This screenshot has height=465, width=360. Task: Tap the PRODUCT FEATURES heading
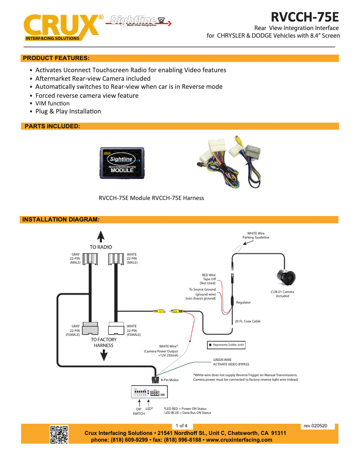click(56, 58)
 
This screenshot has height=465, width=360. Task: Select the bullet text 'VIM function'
click(53, 103)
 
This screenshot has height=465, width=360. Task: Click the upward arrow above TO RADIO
click(101, 237)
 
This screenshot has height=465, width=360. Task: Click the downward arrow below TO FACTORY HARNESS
click(104, 355)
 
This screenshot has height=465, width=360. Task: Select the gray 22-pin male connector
click(92, 259)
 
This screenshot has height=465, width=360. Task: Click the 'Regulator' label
click(243, 303)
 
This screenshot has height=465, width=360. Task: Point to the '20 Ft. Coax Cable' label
click(247, 321)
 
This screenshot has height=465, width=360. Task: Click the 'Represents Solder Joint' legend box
click(226, 345)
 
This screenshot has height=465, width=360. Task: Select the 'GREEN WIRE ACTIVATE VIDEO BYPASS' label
click(231, 362)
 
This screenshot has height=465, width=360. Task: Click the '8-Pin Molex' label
click(170, 380)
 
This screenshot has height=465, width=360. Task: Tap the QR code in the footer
click(59, 434)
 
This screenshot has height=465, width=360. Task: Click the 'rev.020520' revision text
click(316, 426)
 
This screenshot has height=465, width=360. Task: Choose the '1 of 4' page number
click(181, 426)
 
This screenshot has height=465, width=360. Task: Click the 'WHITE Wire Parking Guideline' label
click(255, 235)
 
